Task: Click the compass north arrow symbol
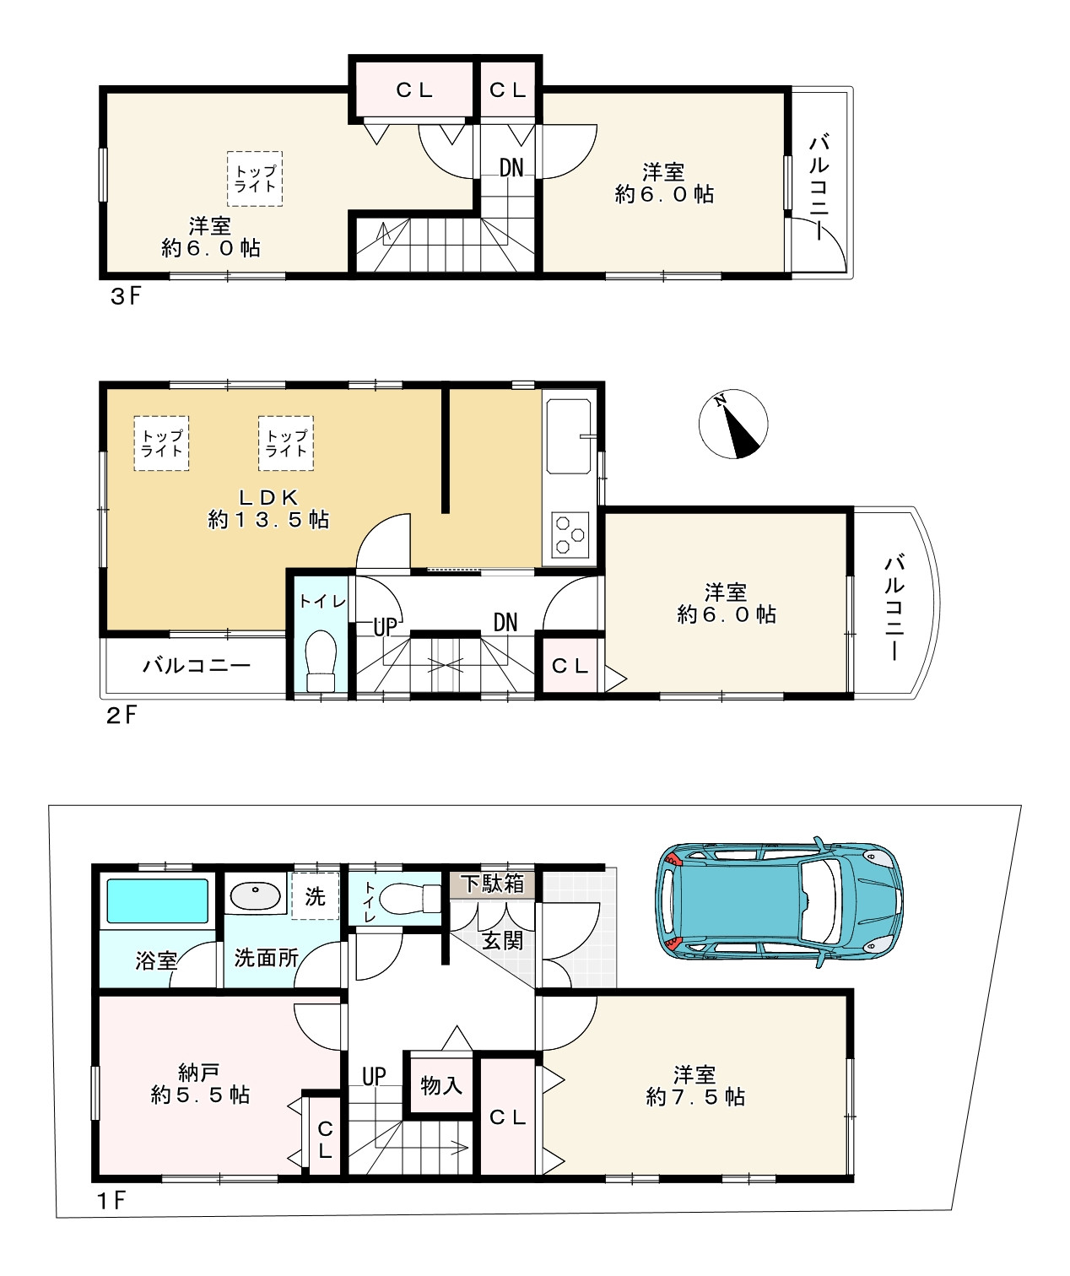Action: tap(732, 424)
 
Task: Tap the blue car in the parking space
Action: tap(779, 902)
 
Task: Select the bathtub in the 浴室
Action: tap(158, 900)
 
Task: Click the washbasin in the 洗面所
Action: tap(256, 896)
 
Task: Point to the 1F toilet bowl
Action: tap(409, 898)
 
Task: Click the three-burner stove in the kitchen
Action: tap(570, 535)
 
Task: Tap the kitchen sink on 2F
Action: tap(569, 436)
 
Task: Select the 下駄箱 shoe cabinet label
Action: tap(492, 883)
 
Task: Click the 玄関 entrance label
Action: tap(503, 940)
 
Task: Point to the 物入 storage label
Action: tap(441, 1086)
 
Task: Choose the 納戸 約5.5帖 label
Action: tap(200, 1084)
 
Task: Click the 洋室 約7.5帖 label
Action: tap(695, 1086)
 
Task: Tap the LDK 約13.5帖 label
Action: tap(269, 508)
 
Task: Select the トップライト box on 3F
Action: tap(255, 178)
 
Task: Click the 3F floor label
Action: tap(125, 296)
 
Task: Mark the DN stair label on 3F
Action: tap(511, 167)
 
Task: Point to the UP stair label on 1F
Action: tap(374, 1077)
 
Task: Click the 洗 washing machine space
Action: tap(316, 896)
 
